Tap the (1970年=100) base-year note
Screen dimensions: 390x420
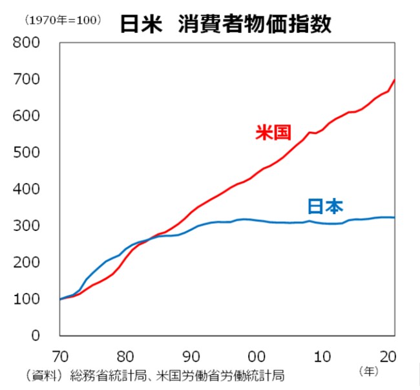pos(63,20)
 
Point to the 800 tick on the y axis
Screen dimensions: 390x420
pos(26,43)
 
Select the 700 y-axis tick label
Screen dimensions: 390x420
pos(26,80)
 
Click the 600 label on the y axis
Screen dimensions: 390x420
pos(26,116)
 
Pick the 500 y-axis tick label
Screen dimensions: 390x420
pos(26,153)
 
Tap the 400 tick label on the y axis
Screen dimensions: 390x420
pos(26,190)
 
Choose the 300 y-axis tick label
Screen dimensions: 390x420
pos(26,226)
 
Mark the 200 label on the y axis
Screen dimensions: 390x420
pos(26,263)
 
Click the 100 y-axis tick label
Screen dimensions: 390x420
pos(26,299)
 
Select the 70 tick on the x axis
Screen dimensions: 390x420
pos(59,356)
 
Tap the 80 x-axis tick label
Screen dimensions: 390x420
pos(125,356)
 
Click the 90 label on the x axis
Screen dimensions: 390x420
pos(192,356)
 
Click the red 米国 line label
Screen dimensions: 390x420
pos(273,133)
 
